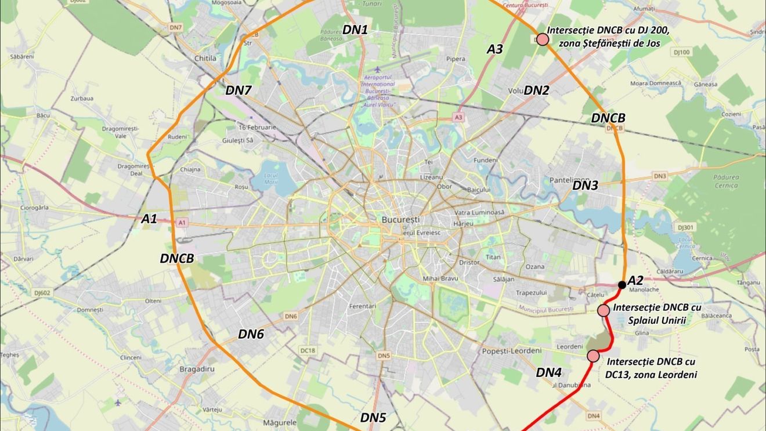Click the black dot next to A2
point(622,285)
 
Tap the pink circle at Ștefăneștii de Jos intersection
point(543,39)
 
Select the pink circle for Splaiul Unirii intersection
point(604,310)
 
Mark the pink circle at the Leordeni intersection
point(593,356)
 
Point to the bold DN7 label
point(239,90)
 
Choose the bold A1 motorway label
point(149,219)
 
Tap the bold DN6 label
point(251,334)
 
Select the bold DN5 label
point(373,417)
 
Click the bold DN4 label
point(548,372)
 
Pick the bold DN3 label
point(585,186)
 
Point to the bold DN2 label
point(536,90)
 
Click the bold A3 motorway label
point(494,49)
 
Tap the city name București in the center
point(400,220)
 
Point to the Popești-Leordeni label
point(511,351)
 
